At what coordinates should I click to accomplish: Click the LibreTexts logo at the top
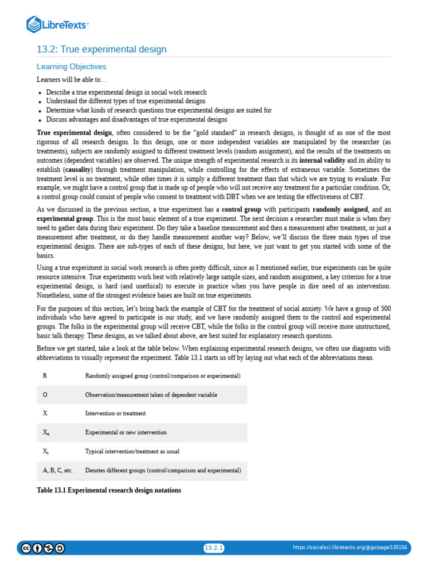coord(57,25)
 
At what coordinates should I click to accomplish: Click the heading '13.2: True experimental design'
coord(101,50)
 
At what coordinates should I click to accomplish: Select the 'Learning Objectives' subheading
coord(71,66)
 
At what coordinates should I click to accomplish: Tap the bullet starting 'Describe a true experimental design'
coord(126,93)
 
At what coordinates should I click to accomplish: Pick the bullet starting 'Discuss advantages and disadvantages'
coord(137,119)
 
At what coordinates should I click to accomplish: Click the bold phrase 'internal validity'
coord(322,160)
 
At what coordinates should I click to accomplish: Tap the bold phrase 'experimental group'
coord(65,219)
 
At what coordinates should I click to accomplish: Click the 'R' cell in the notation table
coord(45,376)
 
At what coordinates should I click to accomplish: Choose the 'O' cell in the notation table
coord(45,395)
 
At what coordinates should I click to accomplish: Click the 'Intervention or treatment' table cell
coord(115,414)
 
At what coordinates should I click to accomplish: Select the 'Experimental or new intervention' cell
coord(125,433)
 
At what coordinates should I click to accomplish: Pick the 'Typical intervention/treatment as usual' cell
coord(132,452)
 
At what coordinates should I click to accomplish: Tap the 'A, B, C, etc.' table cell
coord(57,471)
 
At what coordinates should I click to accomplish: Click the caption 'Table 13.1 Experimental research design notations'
coord(109,490)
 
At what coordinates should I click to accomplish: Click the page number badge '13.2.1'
coord(213,548)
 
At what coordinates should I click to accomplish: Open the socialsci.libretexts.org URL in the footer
coord(349,548)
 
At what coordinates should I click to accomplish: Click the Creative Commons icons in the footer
coord(43,548)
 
